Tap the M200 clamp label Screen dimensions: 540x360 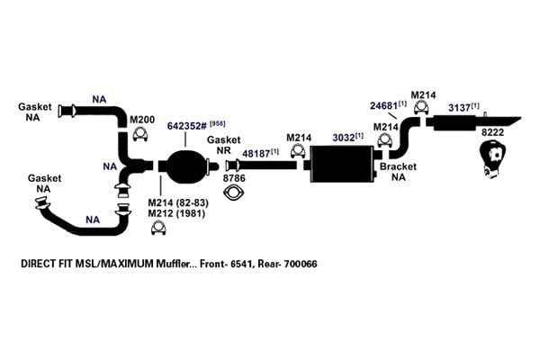[x=142, y=120]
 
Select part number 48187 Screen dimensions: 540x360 [x=256, y=154]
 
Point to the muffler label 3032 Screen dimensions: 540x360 [x=344, y=138]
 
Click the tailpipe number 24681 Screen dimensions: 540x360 [x=384, y=106]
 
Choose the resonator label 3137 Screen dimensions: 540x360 [x=460, y=108]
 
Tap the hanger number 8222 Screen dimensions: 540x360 [x=492, y=132]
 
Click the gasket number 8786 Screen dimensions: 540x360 [x=234, y=178]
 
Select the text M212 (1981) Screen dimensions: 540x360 [x=176, y=213]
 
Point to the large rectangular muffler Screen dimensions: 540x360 [x=342, y=164]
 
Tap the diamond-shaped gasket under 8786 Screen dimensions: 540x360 [x=234, y=193]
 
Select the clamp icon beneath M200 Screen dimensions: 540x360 [x=140, y=134]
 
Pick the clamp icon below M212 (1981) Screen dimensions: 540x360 [x=158, y=229]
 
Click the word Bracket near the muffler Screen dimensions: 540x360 [x=398, y=166]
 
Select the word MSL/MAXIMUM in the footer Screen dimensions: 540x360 [x=114, y=264]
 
